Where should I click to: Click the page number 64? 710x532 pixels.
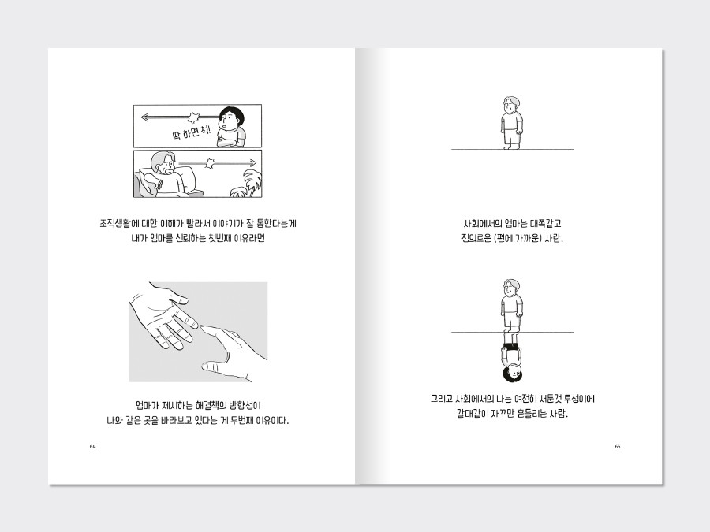[93, 447]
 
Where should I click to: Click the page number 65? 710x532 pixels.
[617, 447]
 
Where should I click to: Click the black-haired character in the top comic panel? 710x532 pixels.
[231, 127]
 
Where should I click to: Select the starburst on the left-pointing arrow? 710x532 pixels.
[193, 118]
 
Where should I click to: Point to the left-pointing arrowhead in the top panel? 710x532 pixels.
[145, 117]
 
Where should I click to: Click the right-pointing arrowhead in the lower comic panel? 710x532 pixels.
[252, 163]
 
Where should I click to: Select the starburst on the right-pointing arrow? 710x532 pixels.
[210, 163]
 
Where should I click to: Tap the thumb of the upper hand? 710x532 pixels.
[177, 296]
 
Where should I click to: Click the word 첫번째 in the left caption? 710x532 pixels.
[219, 238]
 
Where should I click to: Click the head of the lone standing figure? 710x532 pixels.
[510, 105]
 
